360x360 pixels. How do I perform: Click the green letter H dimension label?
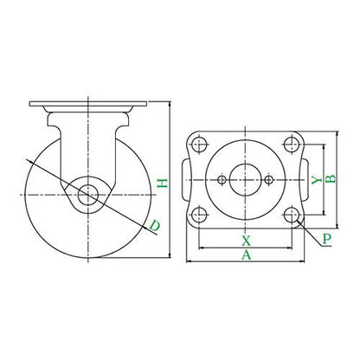(164, 183)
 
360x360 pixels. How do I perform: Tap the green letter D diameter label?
(154, 226)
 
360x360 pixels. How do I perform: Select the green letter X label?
(246, 241)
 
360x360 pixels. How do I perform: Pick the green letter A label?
(246, 254)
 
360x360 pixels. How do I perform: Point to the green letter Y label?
(317, 180)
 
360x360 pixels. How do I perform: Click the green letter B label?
(331, 179)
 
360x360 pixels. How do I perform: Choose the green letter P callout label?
(327, 239)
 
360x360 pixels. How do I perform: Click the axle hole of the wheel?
(88, 195)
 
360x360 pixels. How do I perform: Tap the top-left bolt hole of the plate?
(199, 144)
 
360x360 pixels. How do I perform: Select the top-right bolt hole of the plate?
(292, 144)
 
